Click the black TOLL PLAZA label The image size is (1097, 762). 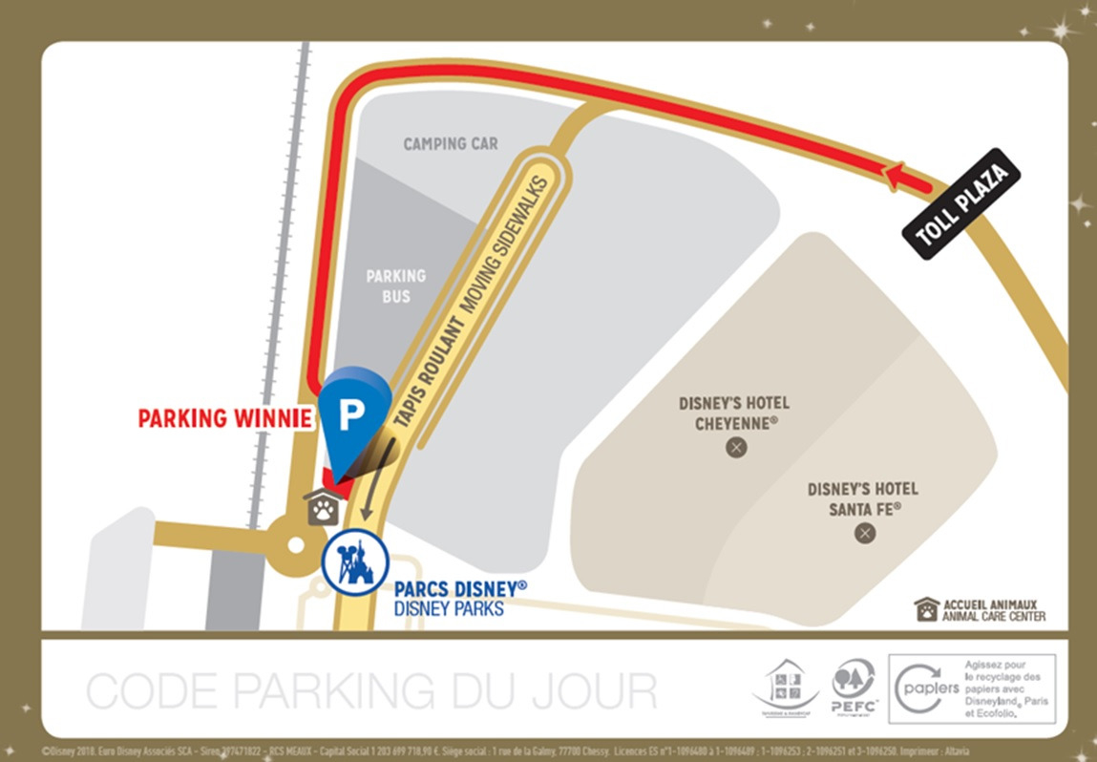(961, 203)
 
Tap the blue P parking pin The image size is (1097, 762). (354, 413)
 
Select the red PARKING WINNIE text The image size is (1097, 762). (224, 418)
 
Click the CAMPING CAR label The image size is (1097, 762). (451, 144)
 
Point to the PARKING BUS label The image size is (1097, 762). (396, 286)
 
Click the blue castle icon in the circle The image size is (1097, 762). (355, 562)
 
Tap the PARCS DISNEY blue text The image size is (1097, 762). (459, 588)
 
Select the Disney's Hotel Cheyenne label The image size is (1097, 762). (734, 413)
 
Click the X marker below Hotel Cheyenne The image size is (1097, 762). (735, 446)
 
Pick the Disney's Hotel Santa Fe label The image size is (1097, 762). (863, 498)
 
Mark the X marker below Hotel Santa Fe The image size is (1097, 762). (865, 533)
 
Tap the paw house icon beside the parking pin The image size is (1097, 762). (323, 507)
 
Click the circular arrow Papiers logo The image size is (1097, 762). (916, 687)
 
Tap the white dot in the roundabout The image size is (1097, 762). (296, 545)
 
